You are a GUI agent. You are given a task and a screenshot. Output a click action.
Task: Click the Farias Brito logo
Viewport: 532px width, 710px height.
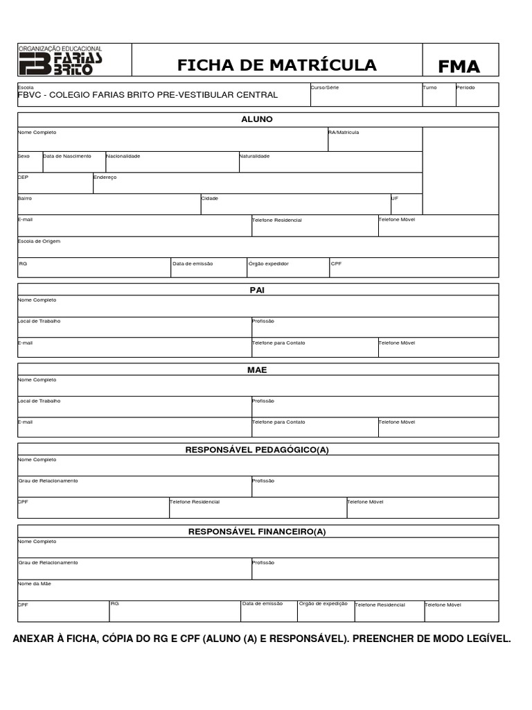click(61, 61)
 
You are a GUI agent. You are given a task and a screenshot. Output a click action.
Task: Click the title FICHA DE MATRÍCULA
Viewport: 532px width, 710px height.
click(276, 65)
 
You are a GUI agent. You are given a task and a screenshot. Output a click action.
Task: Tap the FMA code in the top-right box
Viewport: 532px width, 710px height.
click(459, 67)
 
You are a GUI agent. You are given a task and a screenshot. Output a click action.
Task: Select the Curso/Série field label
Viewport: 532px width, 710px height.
click(325, 88)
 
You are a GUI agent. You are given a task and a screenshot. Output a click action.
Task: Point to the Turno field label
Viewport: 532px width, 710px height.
click(429, 88)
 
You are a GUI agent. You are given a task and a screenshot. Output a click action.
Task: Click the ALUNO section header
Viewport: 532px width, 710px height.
click(257, 119)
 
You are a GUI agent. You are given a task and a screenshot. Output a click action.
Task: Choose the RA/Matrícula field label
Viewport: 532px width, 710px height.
click(344, 132)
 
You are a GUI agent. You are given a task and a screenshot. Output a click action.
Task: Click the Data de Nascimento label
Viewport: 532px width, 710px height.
click(67, 156)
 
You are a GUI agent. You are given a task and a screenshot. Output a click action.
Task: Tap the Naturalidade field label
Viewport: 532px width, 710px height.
click(254, 156)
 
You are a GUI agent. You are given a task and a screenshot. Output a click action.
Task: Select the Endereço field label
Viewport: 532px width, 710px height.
click(105, 177)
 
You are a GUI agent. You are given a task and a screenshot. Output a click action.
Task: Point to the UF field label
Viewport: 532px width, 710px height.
click(395, 198)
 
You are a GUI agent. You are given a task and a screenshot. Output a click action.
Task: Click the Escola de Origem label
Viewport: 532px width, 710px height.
click(39, 241)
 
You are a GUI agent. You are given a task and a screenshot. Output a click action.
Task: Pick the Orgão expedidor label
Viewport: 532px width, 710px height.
click(269, 263)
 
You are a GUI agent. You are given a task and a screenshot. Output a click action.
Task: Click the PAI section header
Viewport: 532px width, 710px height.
click(257, 290)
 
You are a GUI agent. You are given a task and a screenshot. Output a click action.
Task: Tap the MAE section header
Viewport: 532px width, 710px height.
click(257, 370)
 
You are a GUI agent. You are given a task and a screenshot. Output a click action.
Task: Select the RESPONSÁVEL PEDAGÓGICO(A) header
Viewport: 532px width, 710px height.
click(257, 450)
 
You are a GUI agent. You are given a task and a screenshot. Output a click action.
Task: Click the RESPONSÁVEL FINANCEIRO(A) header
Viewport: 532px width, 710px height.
click(257, 532)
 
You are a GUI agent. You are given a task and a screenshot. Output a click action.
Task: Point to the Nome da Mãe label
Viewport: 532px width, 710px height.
click(35, 584)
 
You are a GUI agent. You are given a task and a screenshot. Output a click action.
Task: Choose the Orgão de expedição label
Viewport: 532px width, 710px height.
click(323, 604)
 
